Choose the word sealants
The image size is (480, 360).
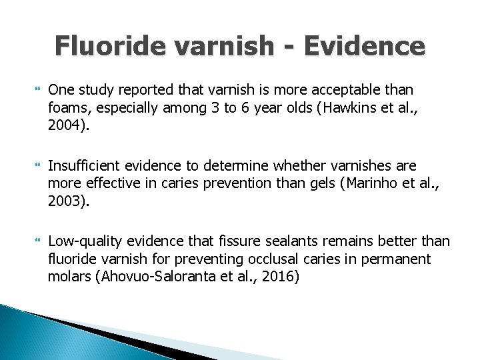click(x=320, y=241)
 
